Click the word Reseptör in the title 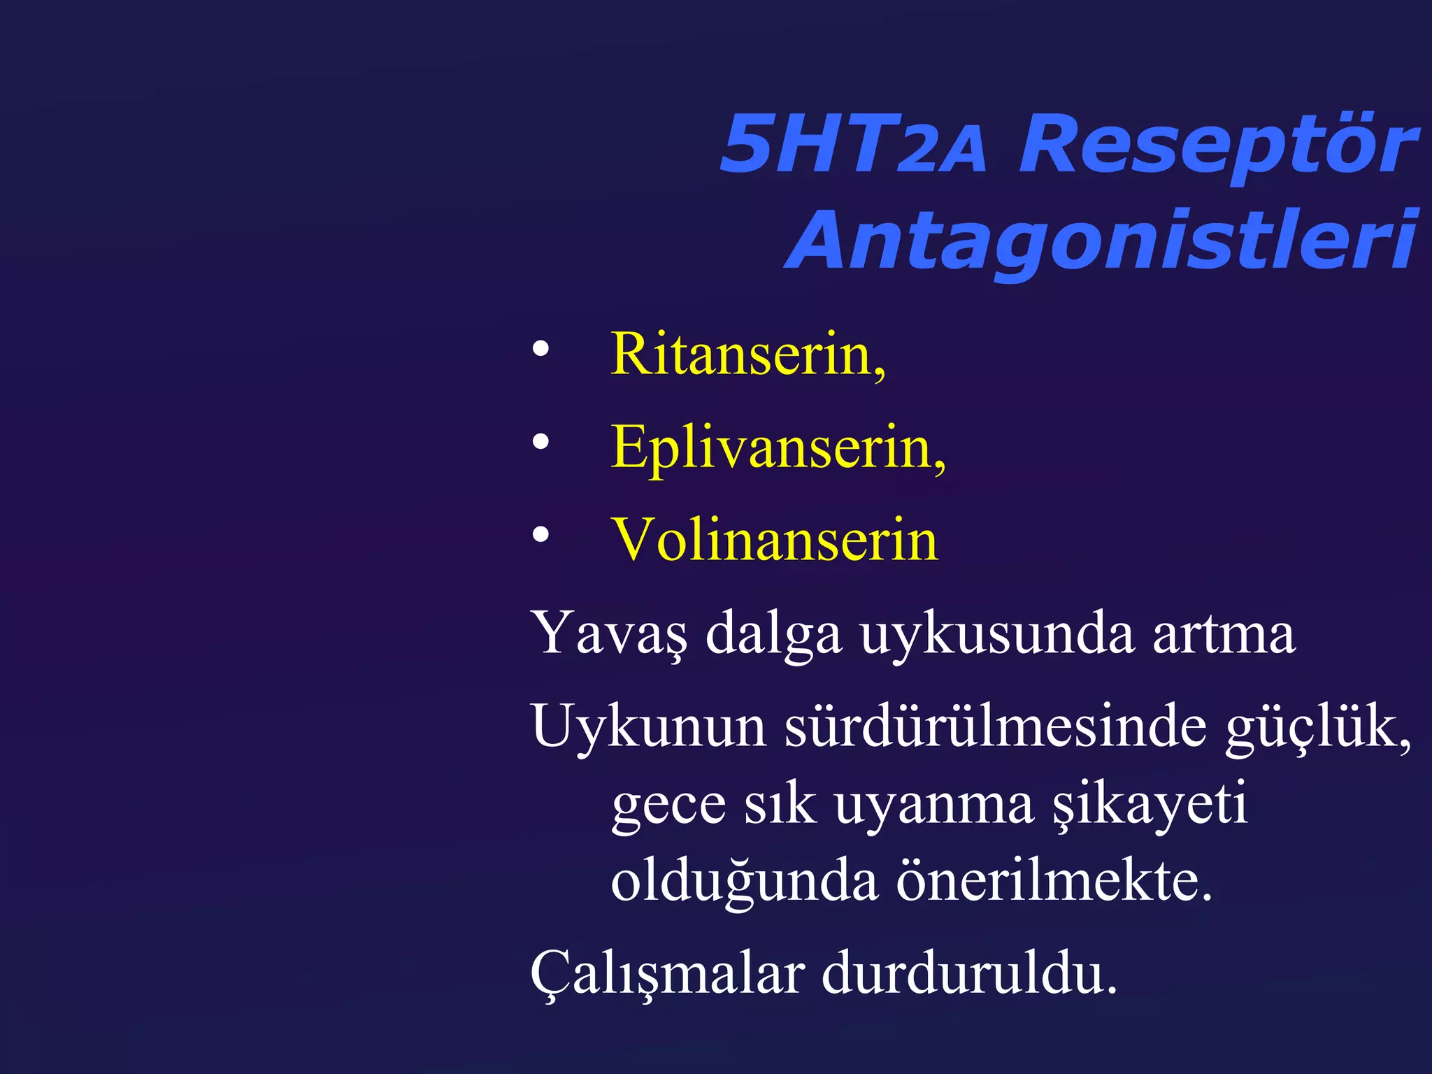point(1218,145)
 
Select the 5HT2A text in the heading point(853,145)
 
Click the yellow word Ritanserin point(747,355)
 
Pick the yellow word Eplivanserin point(778,448)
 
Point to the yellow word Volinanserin point(774,540)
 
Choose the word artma point(1224,633)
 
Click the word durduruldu point(969,973)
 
